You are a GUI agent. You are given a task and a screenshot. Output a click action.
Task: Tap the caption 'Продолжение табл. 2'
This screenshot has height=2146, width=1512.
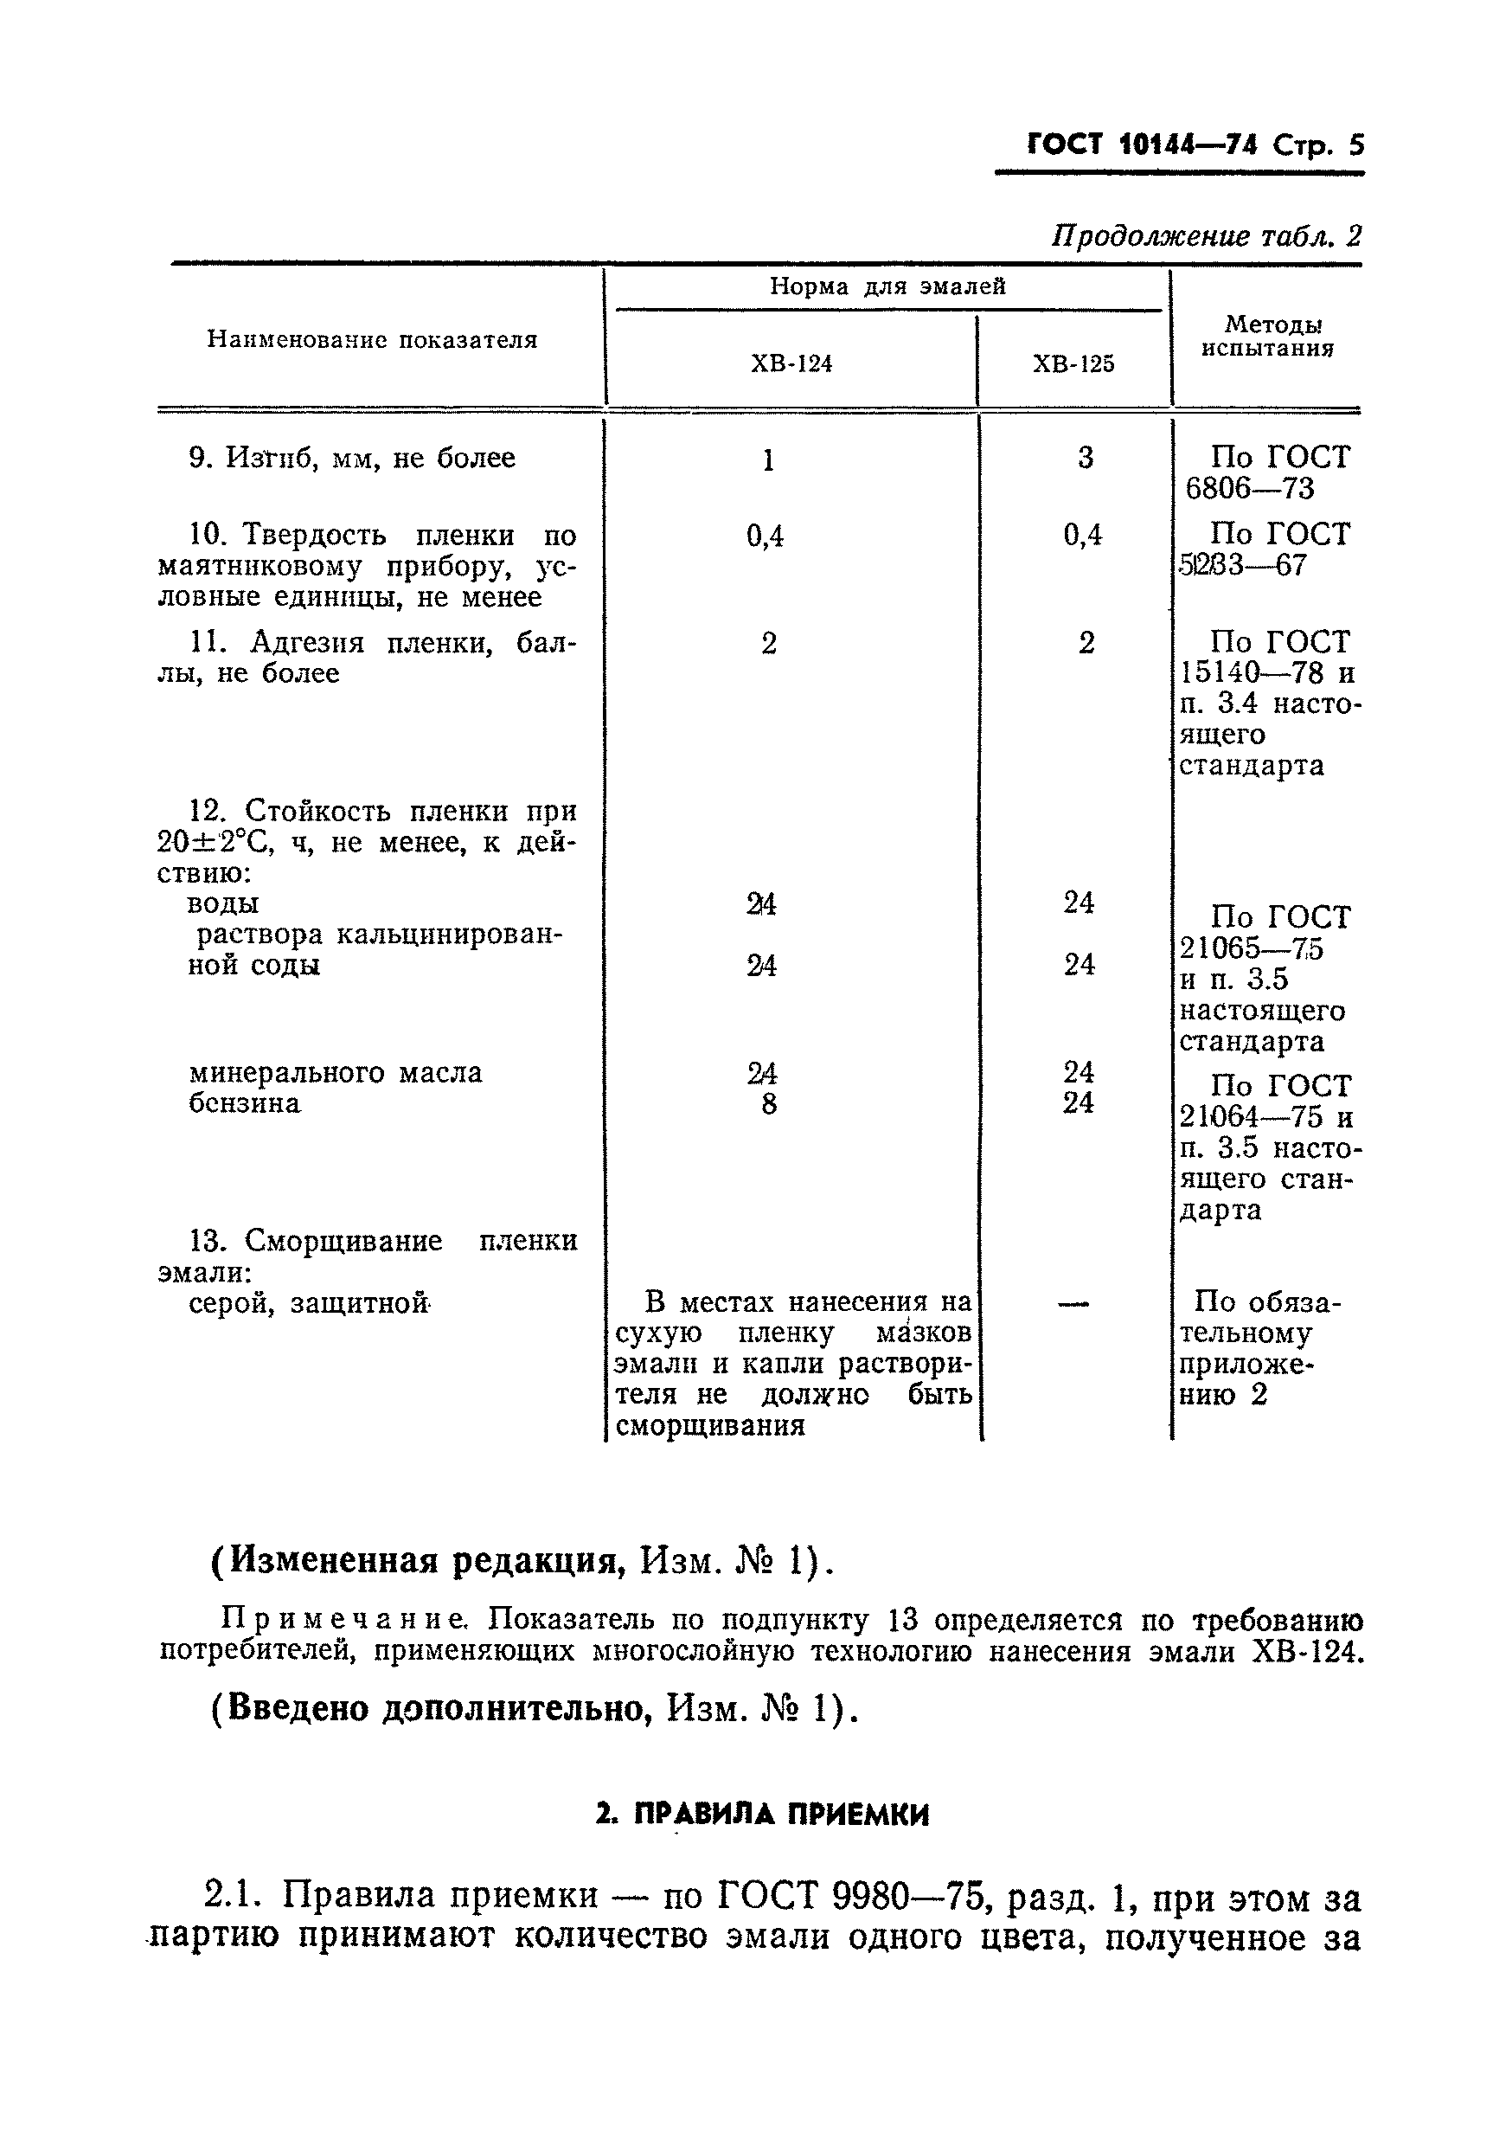(x=1207, y=235)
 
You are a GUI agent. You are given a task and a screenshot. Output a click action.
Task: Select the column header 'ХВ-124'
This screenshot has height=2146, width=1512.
(x=791, y=363)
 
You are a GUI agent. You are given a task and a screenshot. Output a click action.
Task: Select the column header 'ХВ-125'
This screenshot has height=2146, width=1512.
(x=1073, y=363)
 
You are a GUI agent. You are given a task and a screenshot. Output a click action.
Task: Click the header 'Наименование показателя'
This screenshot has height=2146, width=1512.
(x=372, y=339)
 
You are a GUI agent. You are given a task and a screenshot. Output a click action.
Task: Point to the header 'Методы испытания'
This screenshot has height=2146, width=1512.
(x=1267, y=337)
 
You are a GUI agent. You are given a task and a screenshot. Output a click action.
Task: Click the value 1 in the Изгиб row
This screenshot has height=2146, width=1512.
(x=768, y=459)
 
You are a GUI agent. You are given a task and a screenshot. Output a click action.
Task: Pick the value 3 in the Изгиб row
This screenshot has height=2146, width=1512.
(x=1084, y=458)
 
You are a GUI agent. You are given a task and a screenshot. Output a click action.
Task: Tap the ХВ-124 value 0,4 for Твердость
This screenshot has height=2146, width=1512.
(x=765, y=536)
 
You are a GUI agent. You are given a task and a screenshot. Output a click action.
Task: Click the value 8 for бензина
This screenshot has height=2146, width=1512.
(x=768, y=1105)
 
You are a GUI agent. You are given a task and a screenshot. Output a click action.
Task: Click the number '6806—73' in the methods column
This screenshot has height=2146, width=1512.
(x=1249, y=489)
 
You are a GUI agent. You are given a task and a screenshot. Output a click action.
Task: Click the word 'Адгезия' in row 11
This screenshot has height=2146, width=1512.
(x=306, y=643)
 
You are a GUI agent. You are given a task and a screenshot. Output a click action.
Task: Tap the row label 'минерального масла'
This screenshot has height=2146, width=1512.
(x=336, y=1072)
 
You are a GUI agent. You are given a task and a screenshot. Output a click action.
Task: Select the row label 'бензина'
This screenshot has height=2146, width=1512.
(x=245, y=1104)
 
